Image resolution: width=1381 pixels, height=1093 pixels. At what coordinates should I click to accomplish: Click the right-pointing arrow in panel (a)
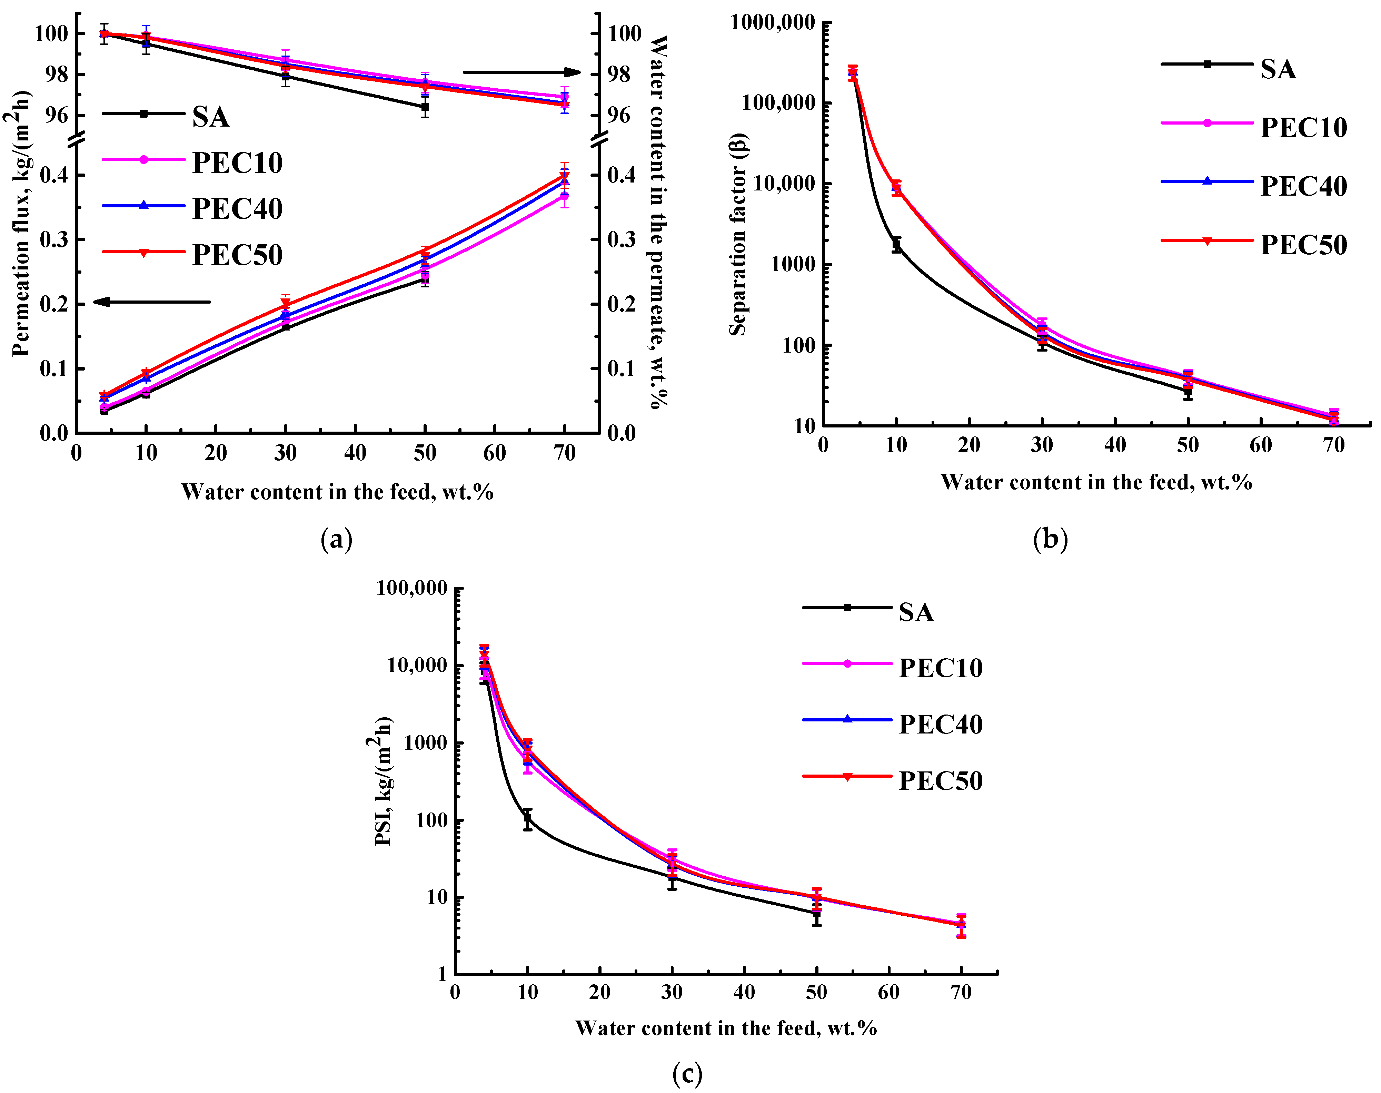(521, 72)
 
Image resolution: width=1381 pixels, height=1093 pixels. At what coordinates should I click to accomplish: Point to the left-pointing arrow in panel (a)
(152, 302)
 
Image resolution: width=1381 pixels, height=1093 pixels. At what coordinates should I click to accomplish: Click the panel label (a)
(336, 540)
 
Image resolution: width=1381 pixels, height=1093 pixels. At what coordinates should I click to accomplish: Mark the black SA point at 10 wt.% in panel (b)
(897, 245)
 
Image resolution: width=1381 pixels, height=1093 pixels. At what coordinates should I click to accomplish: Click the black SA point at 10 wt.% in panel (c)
(527, 818)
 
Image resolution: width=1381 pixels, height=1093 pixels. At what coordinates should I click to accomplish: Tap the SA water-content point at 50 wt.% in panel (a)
(425, 107)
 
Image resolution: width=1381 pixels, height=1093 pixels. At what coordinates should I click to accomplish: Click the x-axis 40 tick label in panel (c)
(744, 993)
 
